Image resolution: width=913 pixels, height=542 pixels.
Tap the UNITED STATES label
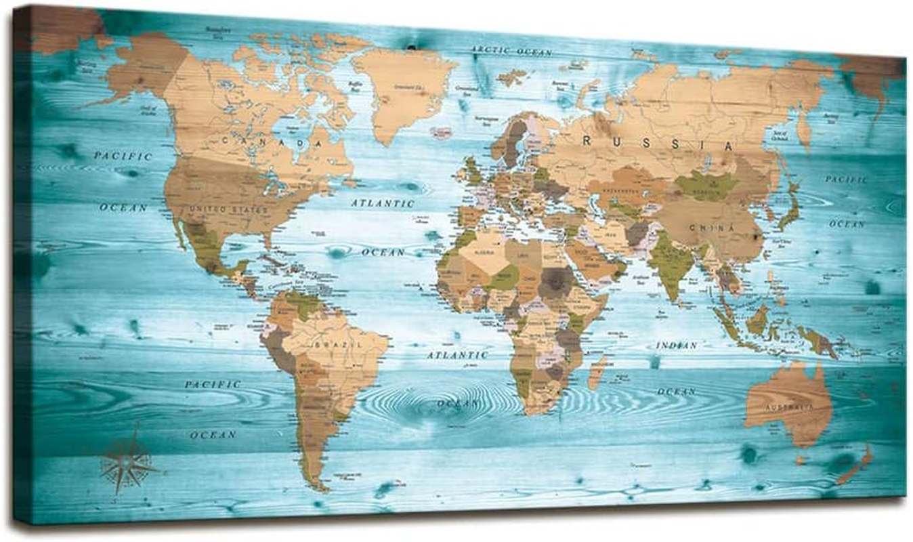pos(229,210)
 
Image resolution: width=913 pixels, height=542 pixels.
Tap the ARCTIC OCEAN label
pos(512,51)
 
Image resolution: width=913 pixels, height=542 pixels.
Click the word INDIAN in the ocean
pos(676,346)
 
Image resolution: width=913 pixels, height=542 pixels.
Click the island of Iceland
pos(441,132)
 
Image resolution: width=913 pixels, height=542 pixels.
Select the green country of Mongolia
pos(706,185)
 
